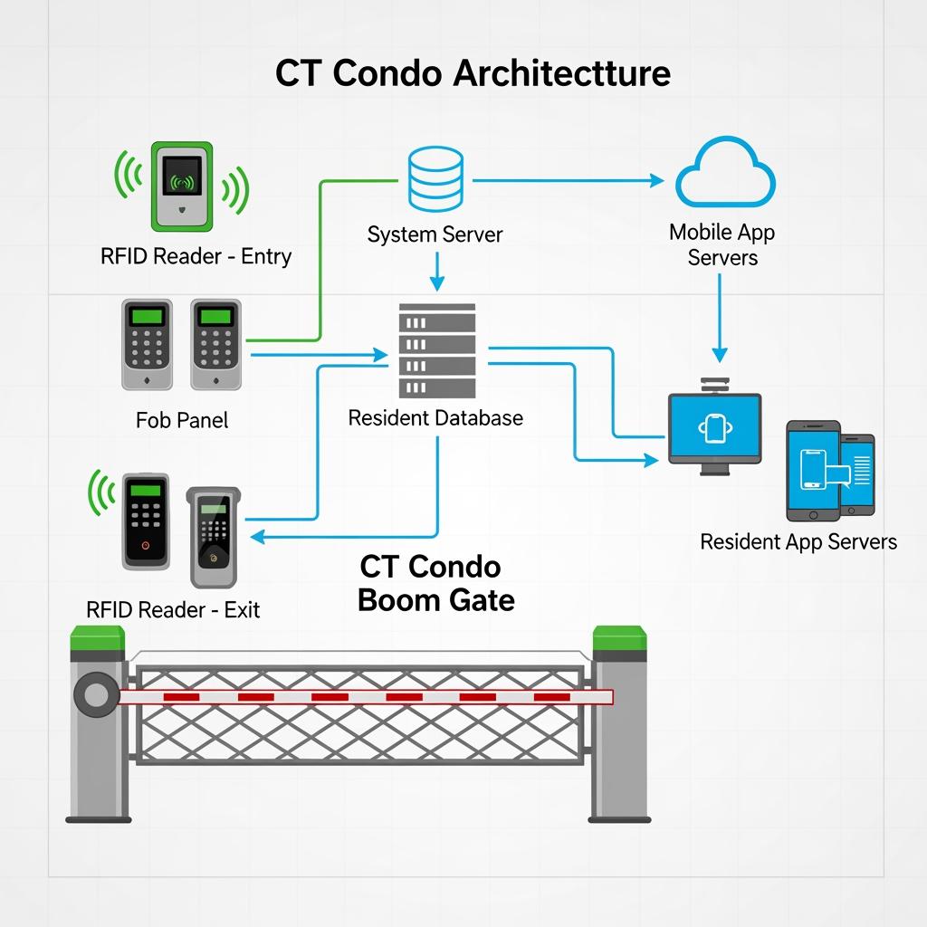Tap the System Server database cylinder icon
pyautogui.click(x=435, y=179)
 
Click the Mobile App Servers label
pyautogui.click(x=722, y=244)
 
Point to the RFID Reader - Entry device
pyautogui.click(x=182, y=185)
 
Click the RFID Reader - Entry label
pyautogui.click(x=196, y=256)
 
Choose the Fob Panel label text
pyautogui.click(x=182, y=420)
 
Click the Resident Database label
pyautogui.click(x=435, y=417)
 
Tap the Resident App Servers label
pyautogui.click(x=798, y=541)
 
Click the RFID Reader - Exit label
pyautogui.click(x=173, y=609)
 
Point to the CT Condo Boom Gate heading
pyautogui.click(x=435, y=583)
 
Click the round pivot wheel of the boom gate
pyautogui.click(x=94, y=695)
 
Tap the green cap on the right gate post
pyautogui.click(x=620, y=639)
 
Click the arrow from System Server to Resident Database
pyautogui.click(x=436, y=271)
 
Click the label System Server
pyautogui.click(x=435, y=234)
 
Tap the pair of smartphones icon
pyautogui.click(x=830, y=469)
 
